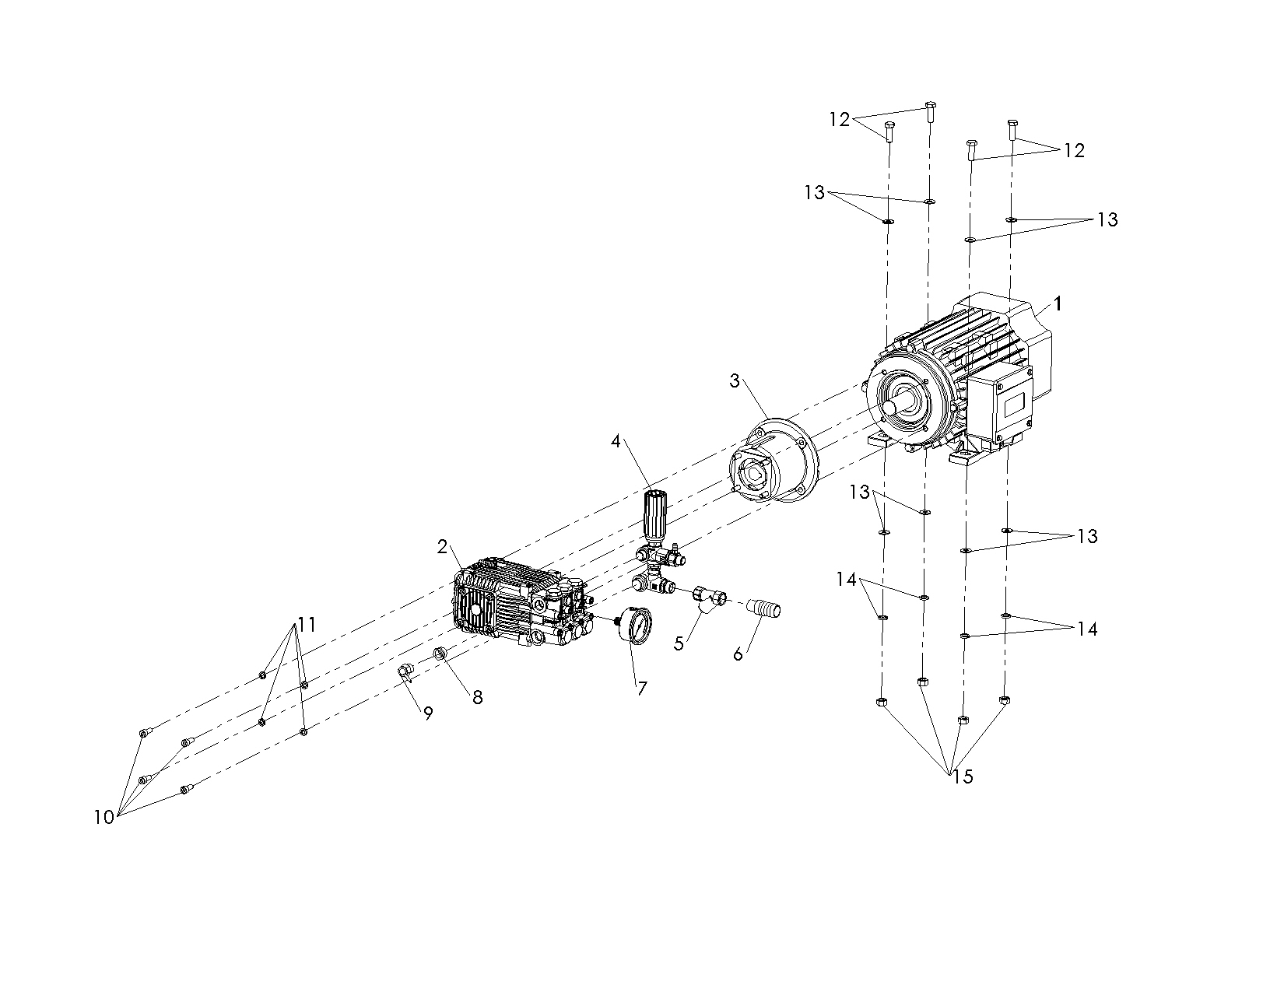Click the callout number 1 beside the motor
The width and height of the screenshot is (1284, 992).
pos(1058,303)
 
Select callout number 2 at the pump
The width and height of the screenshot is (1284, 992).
pos(442,547)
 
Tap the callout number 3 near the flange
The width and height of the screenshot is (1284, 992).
pos(735,380)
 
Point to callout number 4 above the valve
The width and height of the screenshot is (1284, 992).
pos(616,441)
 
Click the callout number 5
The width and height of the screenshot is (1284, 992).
pos(679,643)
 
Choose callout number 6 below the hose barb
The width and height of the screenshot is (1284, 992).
pos(738,654)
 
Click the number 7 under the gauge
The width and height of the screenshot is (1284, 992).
pos(642,688)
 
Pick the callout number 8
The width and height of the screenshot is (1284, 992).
pos(477,698)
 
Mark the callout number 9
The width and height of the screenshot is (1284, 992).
pos(428,713)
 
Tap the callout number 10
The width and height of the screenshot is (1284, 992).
pos(103,817)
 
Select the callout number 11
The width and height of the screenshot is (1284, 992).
pos(307,624)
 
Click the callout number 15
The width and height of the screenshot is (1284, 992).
pos(963,776)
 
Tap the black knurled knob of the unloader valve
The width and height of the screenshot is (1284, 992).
pos(654,510)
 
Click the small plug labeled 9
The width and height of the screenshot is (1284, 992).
pos(404,671)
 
